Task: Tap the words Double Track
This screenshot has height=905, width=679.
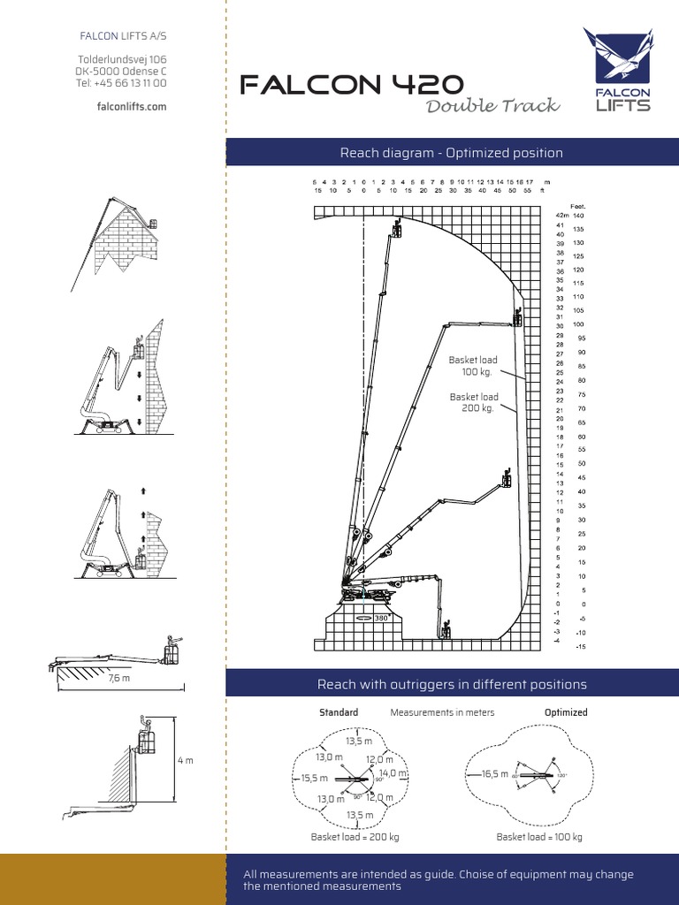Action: [x=492, y=106]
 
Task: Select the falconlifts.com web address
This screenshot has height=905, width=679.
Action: [x=132, y=106]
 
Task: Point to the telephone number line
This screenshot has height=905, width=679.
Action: [x=122, y=83]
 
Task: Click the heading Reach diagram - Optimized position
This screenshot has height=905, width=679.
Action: [x=451, y=153]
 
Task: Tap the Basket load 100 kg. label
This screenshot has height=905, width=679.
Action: [x=473, y=366]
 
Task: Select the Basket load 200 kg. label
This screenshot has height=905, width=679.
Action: [x=474, y=402]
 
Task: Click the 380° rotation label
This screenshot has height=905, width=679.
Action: [x=382, y=618]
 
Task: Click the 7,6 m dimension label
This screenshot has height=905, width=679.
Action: [x=119, y=679]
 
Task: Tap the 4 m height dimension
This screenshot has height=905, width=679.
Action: [x=185, y=760]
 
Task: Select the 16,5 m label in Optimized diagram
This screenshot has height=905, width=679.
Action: [x=494, y=773]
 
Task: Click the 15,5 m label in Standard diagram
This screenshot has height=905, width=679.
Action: [x=314, y=778]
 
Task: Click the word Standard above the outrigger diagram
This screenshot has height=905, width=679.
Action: [x=339, y=712]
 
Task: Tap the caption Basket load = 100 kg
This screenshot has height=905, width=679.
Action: [x=539, y=837]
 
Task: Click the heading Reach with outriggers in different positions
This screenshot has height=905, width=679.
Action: [x=451, y=684]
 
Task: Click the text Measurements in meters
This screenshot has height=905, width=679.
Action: [x=442, y=712]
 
